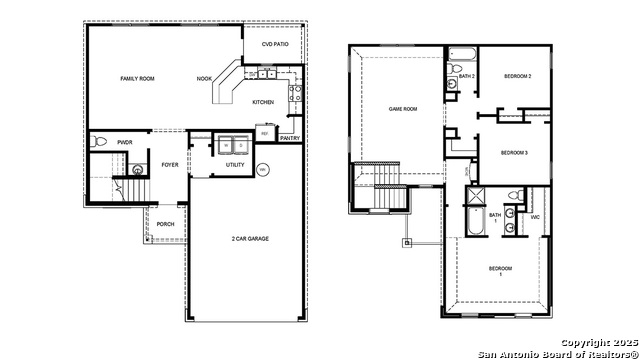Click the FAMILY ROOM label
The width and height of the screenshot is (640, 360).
point(136,78)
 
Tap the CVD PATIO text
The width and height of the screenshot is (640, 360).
point(276,45)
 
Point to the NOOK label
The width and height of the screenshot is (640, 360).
point(204,78)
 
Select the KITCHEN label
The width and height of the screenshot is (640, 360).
point(263,102)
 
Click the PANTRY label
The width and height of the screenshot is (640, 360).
point(290,138)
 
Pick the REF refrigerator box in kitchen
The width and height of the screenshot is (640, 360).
point(265,133)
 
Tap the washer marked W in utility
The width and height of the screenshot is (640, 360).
point(226,145)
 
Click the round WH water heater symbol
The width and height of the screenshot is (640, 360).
point(263,170)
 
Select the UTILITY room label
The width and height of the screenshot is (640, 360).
point(235,165)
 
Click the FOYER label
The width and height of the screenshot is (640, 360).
point(170,165)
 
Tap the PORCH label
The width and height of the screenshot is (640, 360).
point(165,224)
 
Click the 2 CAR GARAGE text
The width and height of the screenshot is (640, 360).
point(250,239)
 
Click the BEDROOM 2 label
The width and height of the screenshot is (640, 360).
point(517,77)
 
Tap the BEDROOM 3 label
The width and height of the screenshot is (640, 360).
point(514,152)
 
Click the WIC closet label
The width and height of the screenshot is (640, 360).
point(535,216)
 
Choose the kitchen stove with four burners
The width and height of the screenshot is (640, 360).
point(295,95)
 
